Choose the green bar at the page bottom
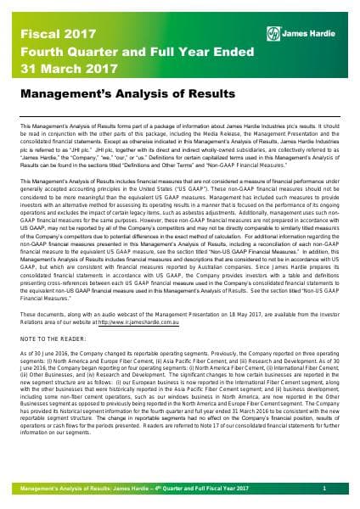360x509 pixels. (180, 491)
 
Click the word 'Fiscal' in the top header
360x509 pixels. (31, 14)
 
